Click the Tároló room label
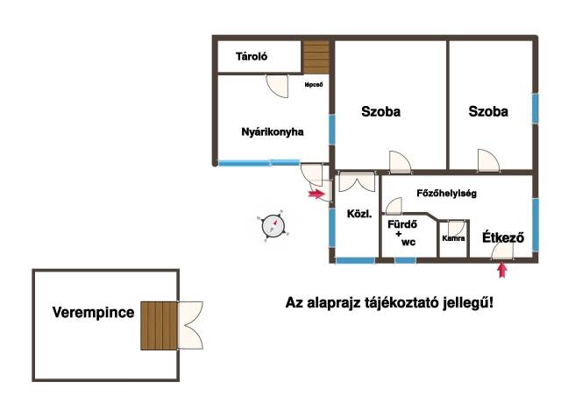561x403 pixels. click(x=252, y=56)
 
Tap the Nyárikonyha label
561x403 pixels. click(x=273, y=132)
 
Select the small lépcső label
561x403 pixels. click(x=314, y=85)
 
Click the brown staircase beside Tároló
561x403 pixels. click(x=316, y=57)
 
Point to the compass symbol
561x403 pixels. click(x=273, y=226)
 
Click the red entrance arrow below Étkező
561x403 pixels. click(x=502, y=270)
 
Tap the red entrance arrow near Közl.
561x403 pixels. click(x=316, y=194)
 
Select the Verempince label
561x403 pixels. click(x=94, y=312)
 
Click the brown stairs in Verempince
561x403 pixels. click(x=159, y=325)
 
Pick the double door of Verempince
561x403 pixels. click(x=190, y=325)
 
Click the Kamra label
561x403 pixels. click(x=453, y=238)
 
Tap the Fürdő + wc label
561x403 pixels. click(x=402, y=233)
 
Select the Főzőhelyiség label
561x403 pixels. click(x=446, y=194)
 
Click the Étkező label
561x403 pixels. click(x=503, y=237)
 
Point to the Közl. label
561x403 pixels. click(x=359, y=214)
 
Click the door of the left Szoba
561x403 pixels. click(x=400, y=162)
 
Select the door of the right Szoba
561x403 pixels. click(x=488, y=160)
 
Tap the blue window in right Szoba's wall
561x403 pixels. click(x=535, y=109)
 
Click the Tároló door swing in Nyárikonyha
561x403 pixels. click(x=277, y=86)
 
